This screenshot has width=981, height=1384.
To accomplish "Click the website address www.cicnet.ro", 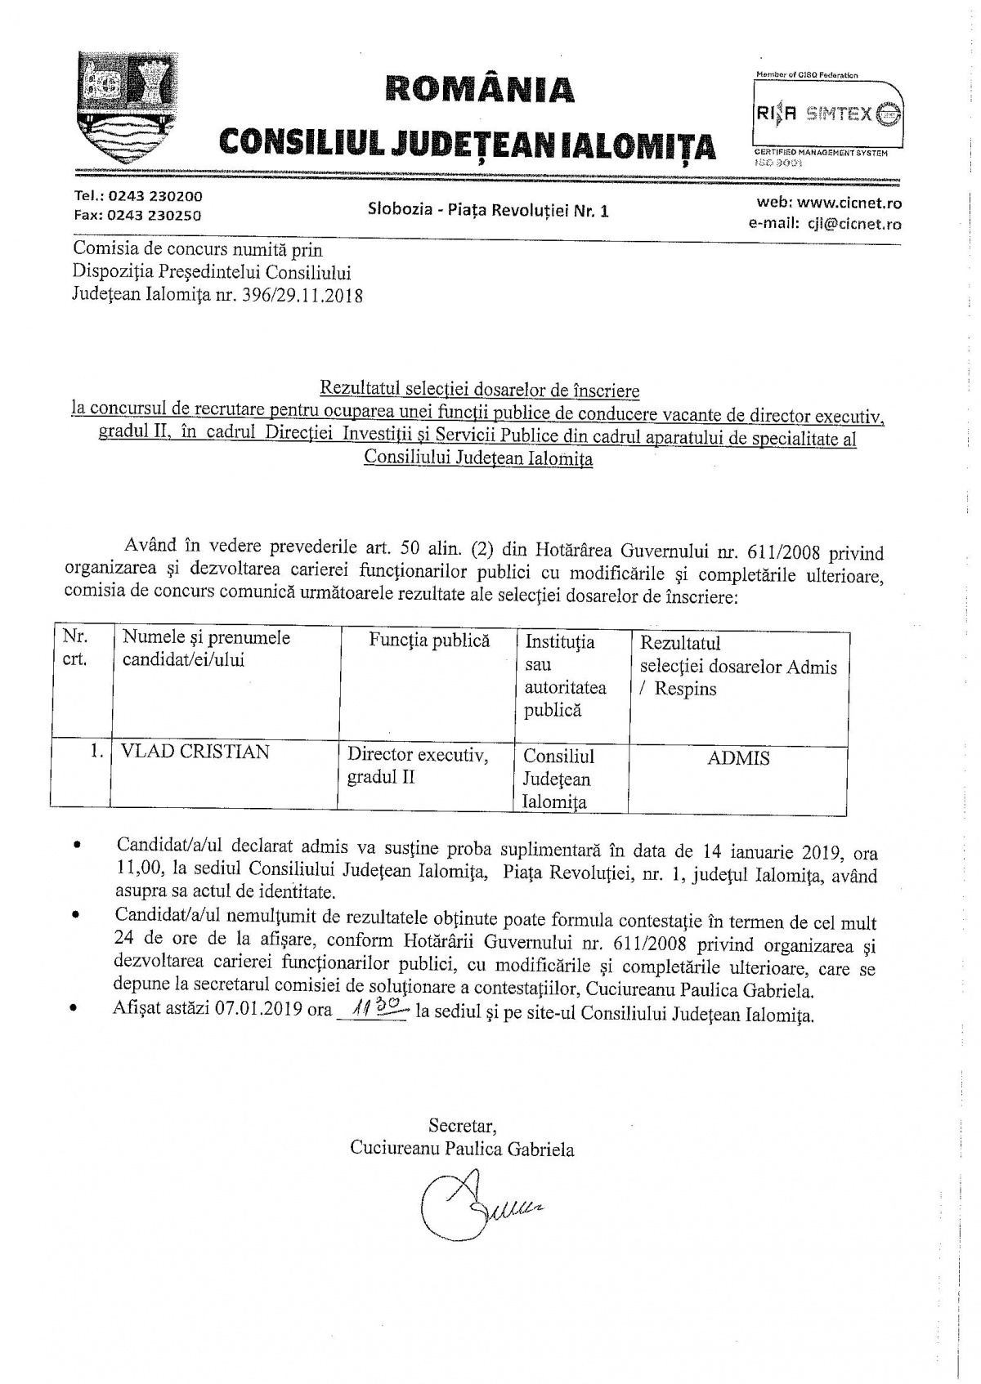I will click(x=850, y=203).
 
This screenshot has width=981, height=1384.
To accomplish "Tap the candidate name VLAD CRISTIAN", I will click(x=195, y=752).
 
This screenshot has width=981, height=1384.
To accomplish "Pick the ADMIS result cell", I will click(x=738, y=758).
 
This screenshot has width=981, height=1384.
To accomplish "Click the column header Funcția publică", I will click(x=428, y=641).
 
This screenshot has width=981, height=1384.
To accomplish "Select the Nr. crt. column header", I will click(x=74, y=648).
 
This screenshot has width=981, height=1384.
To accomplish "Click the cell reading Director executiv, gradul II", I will click(x=418, y=766).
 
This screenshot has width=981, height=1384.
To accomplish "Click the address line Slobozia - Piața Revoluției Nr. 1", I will click(x=488, y=211).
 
